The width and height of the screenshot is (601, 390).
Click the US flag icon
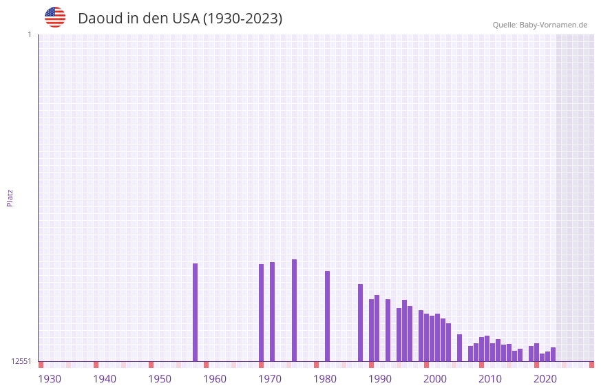pos(55,17)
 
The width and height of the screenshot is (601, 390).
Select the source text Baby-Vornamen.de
pos(553,25)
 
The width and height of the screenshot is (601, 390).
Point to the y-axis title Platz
pos(10,197)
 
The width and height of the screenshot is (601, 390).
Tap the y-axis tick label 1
pos(29,34)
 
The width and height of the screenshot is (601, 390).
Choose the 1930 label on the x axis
pos(50,379)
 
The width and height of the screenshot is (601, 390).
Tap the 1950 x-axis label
pos(160,379)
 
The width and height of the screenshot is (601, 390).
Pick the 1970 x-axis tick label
pos(270,379)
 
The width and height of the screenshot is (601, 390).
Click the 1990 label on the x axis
pos(380,379)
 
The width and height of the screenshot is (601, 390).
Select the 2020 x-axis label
pos(545,379)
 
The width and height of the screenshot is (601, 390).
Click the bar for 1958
pos(195,312)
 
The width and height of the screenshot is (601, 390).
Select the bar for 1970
pos(261,312)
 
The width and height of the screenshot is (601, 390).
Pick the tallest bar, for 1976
pos(294,310)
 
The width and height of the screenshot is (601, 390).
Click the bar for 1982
pos(327,316)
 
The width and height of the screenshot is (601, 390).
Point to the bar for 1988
pos(360,323)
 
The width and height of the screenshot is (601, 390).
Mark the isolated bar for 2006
pos(459,347)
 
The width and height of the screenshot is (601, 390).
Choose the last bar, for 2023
pos(553,354)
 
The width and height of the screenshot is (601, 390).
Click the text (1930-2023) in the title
pos(242,19)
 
